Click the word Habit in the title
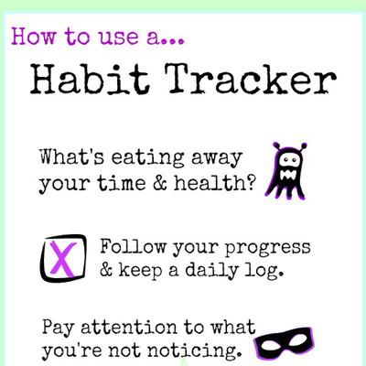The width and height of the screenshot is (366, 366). [90, 79]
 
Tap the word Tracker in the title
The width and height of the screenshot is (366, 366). [251, 79]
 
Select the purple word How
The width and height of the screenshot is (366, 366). [34, 37]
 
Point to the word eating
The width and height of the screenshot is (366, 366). [147, 158]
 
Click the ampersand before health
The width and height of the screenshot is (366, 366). [160, 183]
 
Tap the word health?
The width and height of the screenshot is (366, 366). [214, 183]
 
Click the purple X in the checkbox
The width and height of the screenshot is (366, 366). [63, 258]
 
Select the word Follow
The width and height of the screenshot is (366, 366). [134, 246]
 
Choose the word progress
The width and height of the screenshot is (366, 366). [268, 249]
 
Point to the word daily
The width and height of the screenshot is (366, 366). [211, 271]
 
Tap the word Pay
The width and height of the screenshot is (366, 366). [58, 328]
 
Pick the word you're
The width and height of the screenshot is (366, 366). [71, 350]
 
